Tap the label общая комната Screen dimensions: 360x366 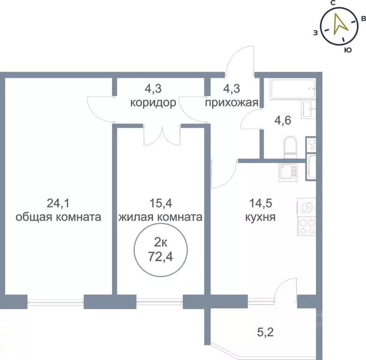(x=59, y=217)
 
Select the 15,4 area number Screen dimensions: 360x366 (x=160, y=203)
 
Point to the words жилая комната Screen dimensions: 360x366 (x=160, y=217)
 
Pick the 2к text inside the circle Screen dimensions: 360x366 (x=161, y=242)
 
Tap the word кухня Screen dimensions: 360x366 (x=259, y=217)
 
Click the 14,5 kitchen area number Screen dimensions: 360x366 (x=259, y=203)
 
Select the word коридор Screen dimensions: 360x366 (x=153, y=103)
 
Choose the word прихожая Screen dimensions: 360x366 (x=232, y=103)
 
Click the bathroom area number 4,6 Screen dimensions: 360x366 (x=283, y=120)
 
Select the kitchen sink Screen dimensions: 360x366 (x=286, y=172)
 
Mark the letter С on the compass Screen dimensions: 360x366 (x=332, y=3)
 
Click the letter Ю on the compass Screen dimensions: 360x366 (x=347, y=49)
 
